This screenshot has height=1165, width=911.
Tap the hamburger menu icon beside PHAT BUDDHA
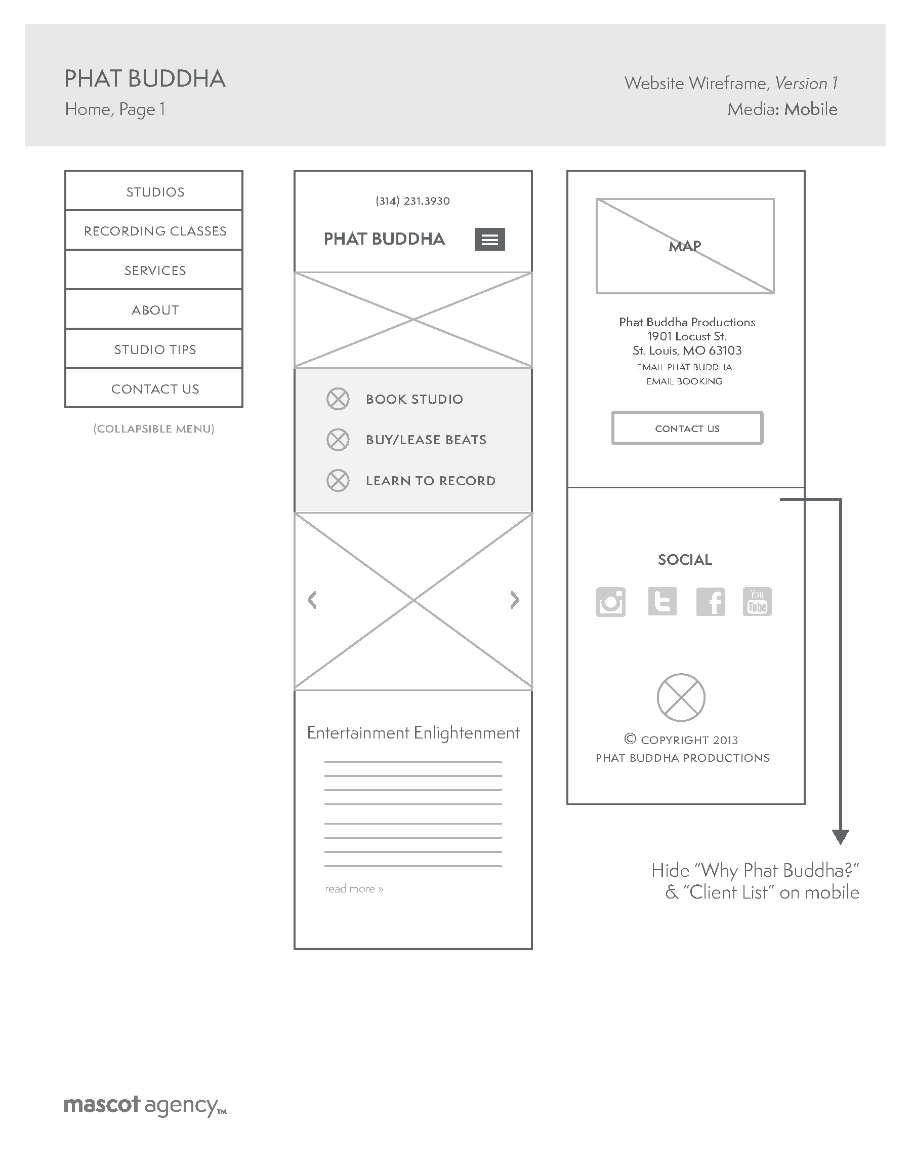(489, 239)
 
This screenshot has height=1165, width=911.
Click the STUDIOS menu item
(155, 192)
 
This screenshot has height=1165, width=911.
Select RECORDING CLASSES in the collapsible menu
(155, 231)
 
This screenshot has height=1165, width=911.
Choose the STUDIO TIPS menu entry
(155, 349)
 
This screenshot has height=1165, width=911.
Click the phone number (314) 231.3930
(412, 201)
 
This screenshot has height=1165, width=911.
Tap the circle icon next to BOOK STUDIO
(338, 399)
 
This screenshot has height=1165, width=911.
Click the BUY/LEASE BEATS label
(426, 440)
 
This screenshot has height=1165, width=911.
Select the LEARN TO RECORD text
(430, 481)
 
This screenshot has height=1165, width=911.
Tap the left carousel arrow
(313, 600)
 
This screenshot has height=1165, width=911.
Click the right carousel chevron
(514, 600)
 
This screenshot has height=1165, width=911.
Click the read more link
(354, 888)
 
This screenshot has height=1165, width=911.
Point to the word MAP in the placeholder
(684, 246)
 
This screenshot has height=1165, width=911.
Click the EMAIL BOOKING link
(684, 381)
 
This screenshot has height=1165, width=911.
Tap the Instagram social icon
(610, 602)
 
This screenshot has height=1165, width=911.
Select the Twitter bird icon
(662, 602)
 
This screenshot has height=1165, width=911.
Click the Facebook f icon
(710, 602)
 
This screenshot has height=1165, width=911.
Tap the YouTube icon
(757, 602)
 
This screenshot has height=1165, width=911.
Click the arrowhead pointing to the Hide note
(840, 836)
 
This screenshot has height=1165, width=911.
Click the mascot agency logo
(144, 1105)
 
